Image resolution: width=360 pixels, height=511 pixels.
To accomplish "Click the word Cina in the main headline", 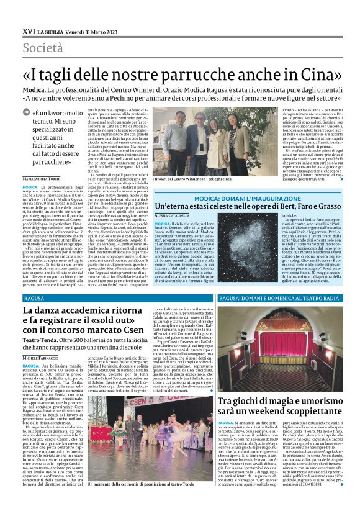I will [x=313, y=73].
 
